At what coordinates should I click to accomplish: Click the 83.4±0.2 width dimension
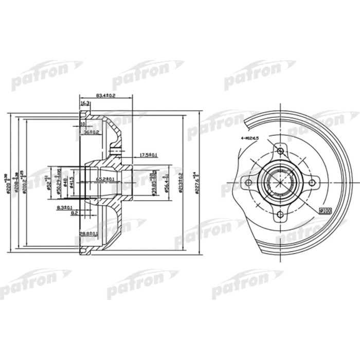105,95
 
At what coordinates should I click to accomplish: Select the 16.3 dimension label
86,103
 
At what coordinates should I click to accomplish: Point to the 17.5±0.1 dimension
149,155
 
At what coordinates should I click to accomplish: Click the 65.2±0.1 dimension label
105,179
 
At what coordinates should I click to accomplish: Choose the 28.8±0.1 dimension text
88,234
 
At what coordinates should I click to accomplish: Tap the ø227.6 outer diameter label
196,183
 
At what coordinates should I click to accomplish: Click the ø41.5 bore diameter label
72,183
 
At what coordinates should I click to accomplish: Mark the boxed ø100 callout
325,210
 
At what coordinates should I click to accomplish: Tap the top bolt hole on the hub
280,151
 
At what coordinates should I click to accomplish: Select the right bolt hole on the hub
312,182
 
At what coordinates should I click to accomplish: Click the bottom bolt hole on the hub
280,215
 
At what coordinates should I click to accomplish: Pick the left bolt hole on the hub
248,183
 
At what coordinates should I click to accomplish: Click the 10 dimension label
82,124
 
